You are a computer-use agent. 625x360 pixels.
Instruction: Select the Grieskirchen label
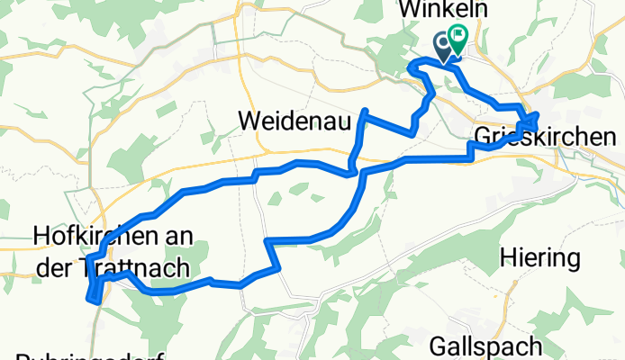[x=544, y=138]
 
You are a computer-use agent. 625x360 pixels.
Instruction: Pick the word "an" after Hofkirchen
[x=173, y=237]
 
